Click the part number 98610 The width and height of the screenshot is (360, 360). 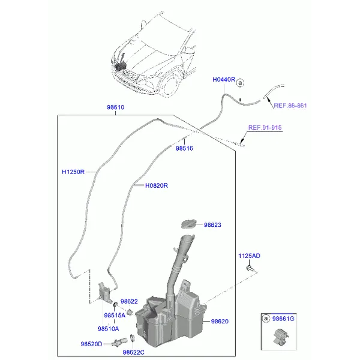click(x=115, y=107)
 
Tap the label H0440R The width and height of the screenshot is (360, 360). click(x=224, y=79)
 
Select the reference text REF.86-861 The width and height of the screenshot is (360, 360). click(x=290, y=106)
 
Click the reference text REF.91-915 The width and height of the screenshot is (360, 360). click(x=265, y=127)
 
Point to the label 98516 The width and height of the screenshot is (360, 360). click(x=184, y=148)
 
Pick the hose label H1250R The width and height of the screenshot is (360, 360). click(x=73, y=172)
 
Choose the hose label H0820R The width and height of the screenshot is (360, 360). click(x=157, y=185)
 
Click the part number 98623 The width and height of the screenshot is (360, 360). click(x=212, y=225)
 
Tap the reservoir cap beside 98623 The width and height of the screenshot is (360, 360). click(x=189, y=224)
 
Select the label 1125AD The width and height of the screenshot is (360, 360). click(x=250, y=256)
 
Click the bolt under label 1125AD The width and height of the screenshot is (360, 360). click(x=250, y=268)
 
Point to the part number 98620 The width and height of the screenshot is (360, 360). click(x=220, y=322)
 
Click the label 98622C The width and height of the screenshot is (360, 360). click(x=134, y=352)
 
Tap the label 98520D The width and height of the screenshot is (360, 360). click(x=91, y=344)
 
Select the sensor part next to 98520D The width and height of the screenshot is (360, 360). click(x=119, y=343)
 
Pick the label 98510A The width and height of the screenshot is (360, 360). click(x=109, y=329)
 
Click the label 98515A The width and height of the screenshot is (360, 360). click(x=115, y=315)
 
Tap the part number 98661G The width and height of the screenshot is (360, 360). click(x=283, y=319)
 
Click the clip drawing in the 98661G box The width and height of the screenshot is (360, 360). click(x=281, y=337)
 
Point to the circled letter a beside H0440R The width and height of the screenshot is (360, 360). click(x=240, y=83)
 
